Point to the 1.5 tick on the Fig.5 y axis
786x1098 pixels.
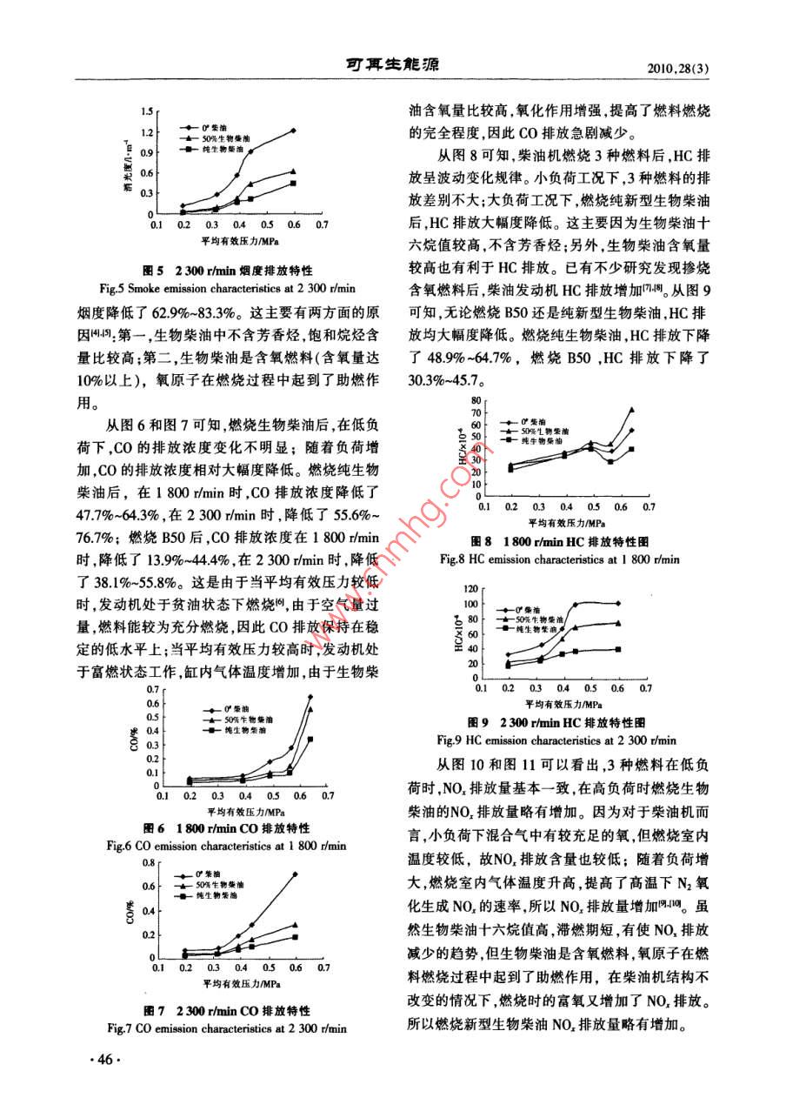click(x=146, y=111)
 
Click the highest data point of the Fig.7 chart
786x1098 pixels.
click(x=296, y=874)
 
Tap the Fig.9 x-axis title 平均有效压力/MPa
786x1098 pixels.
click(x=563, y=702)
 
